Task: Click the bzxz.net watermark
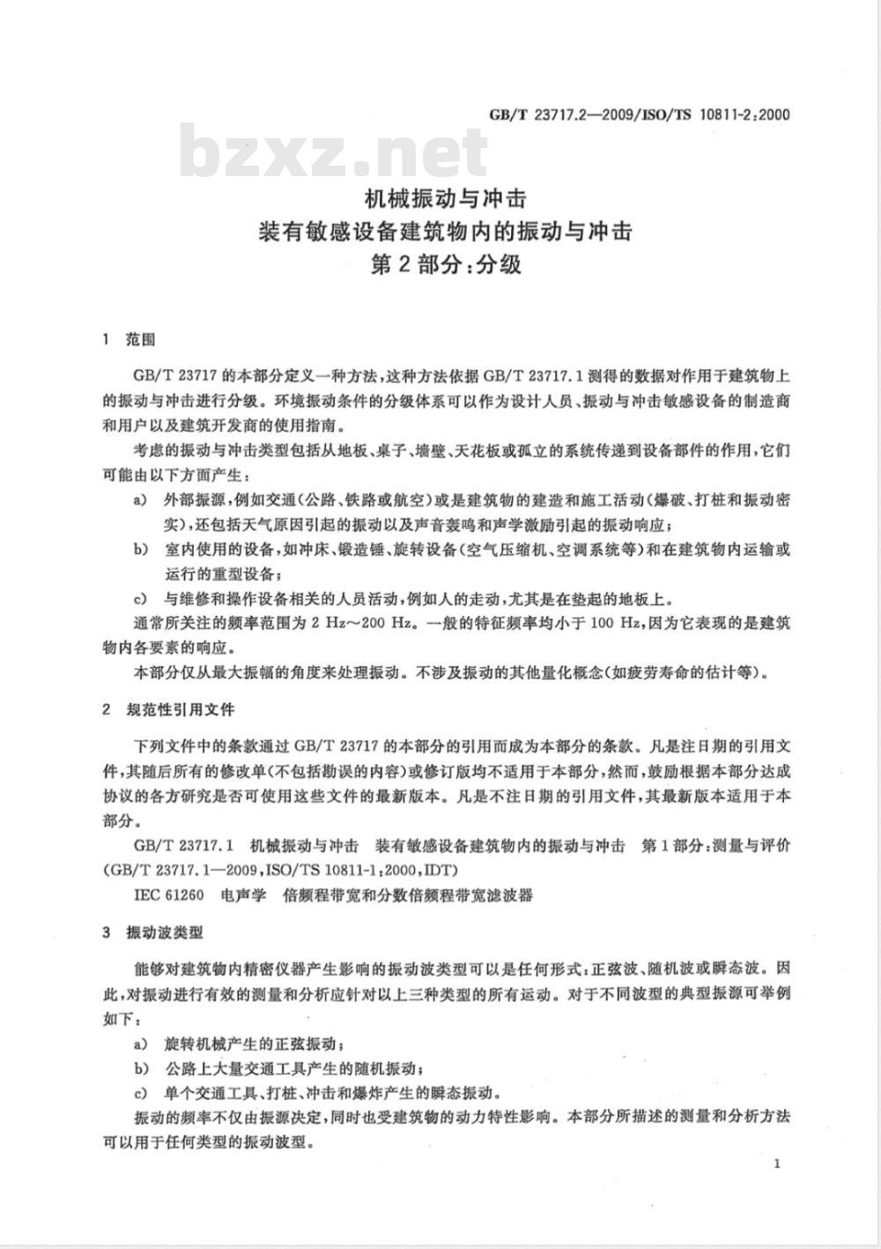[x=333, y=152]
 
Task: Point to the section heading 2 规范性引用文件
[x=168, y=709]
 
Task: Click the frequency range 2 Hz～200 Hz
[x=360, y=624]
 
